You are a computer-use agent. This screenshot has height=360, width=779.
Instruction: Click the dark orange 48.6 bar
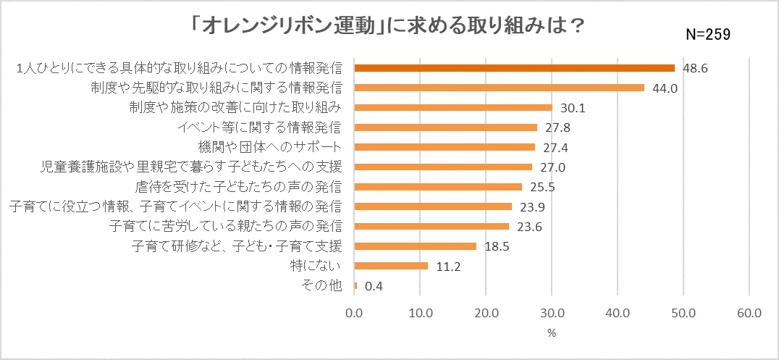coord(514,68)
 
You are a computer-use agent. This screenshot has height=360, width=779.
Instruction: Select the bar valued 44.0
coord(499,88)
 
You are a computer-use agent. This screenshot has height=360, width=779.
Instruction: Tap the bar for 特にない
coord(391,266)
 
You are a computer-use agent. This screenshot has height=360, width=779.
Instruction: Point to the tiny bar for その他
coord(355,285)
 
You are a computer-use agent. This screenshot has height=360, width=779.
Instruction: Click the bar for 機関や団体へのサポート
coord(445,147)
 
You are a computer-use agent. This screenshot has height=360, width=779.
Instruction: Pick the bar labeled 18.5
coord(415,246)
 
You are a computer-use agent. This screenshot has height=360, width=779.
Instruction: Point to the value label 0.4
coord(374,286)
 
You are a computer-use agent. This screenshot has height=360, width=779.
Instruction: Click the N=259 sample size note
coord(709,33)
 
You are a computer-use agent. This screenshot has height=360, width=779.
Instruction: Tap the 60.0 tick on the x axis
coord(749,314)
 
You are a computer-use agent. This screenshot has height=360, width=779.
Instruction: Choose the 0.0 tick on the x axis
coord(354,314)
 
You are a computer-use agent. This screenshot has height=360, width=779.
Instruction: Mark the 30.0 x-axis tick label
coord(552,314)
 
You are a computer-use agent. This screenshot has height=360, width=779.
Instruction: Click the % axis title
coord(551,333)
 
